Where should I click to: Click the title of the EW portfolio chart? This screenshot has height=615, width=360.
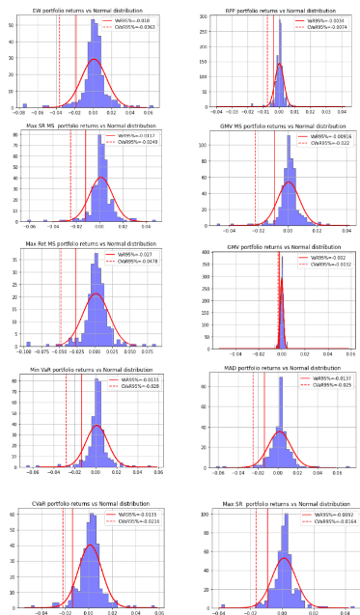pyautogui.click(x=92, y=6)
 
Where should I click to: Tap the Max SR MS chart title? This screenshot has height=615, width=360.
pyautogui.click(x=92, y=125)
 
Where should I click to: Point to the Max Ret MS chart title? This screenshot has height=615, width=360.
pyautogui.click(x=92, y=244)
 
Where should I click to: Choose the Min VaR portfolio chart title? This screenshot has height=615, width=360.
pyautogui.click(x=92, y=368)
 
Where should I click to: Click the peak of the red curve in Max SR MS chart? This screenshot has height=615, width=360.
pyautogui.click(x=100, y=178)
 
